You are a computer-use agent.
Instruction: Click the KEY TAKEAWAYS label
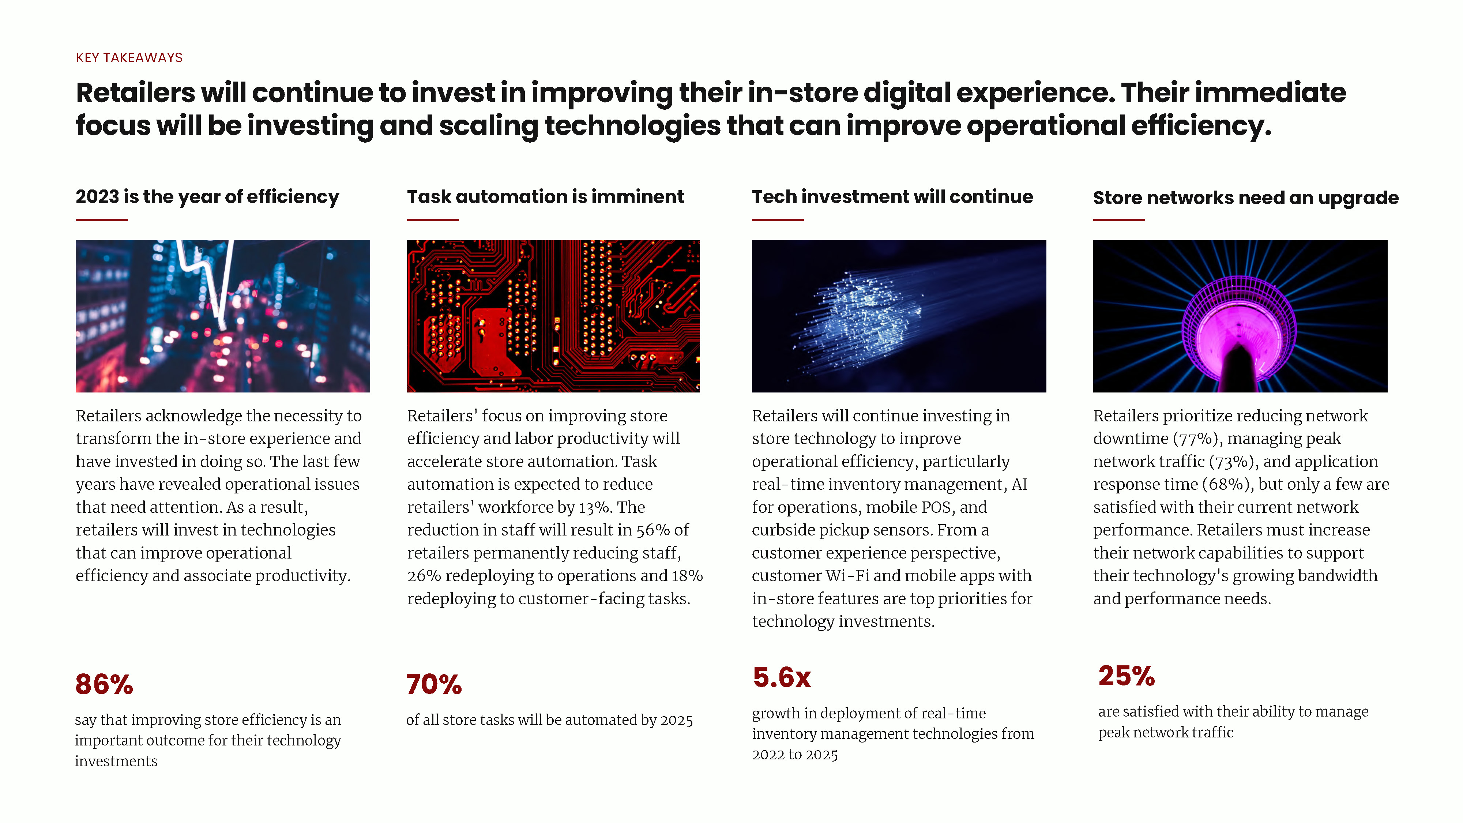pyautogui.click(x=129, y=58)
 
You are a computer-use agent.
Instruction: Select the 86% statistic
pyautogui.click(x=104, y=684)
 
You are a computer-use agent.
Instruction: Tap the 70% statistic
pyautogui.click(x=434, y=684)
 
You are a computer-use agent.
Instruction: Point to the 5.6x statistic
pyautogui.click(x=782, y=677)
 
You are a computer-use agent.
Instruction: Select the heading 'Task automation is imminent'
pyautogui.click(x=545, y=196)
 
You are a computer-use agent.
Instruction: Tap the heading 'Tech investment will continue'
pyautogui.click(x=892, y=196)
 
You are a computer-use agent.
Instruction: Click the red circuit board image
pyautogui.click(x=553, y=316)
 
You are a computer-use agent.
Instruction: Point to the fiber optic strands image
pyautogui.click(x=899, y=316)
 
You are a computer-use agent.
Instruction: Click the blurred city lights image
pyautogui.click(x=223, y=316)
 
